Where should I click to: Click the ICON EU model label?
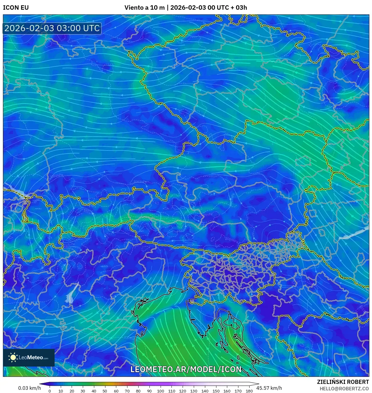[x=16, y=8]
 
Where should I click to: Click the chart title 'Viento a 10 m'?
[x=144, y=8]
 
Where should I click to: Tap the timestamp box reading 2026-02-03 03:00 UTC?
[x=52, y=29]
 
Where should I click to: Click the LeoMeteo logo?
[x=29, y=357]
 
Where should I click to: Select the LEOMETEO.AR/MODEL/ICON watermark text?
[x=186, y=369]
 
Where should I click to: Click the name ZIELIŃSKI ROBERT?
[x=343, y=382]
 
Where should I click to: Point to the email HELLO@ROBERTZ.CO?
[x=344, y=389]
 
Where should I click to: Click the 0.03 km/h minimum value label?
[x=29, y=388]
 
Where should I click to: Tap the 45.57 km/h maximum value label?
[x=269, y=388]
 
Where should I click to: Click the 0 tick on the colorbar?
[x=50, y=391]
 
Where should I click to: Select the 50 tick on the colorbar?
[x=105, y=391]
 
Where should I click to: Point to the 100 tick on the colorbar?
[x=160, y=391]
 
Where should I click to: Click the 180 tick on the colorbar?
[x=249, y=391]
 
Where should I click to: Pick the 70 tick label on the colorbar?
[x=127, y=391]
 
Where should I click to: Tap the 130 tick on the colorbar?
[x=193, y=391]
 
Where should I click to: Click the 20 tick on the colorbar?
[x=72, y=391]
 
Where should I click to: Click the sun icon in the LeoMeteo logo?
[x=13, y=357]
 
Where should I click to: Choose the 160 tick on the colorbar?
[x=227, y=391]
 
